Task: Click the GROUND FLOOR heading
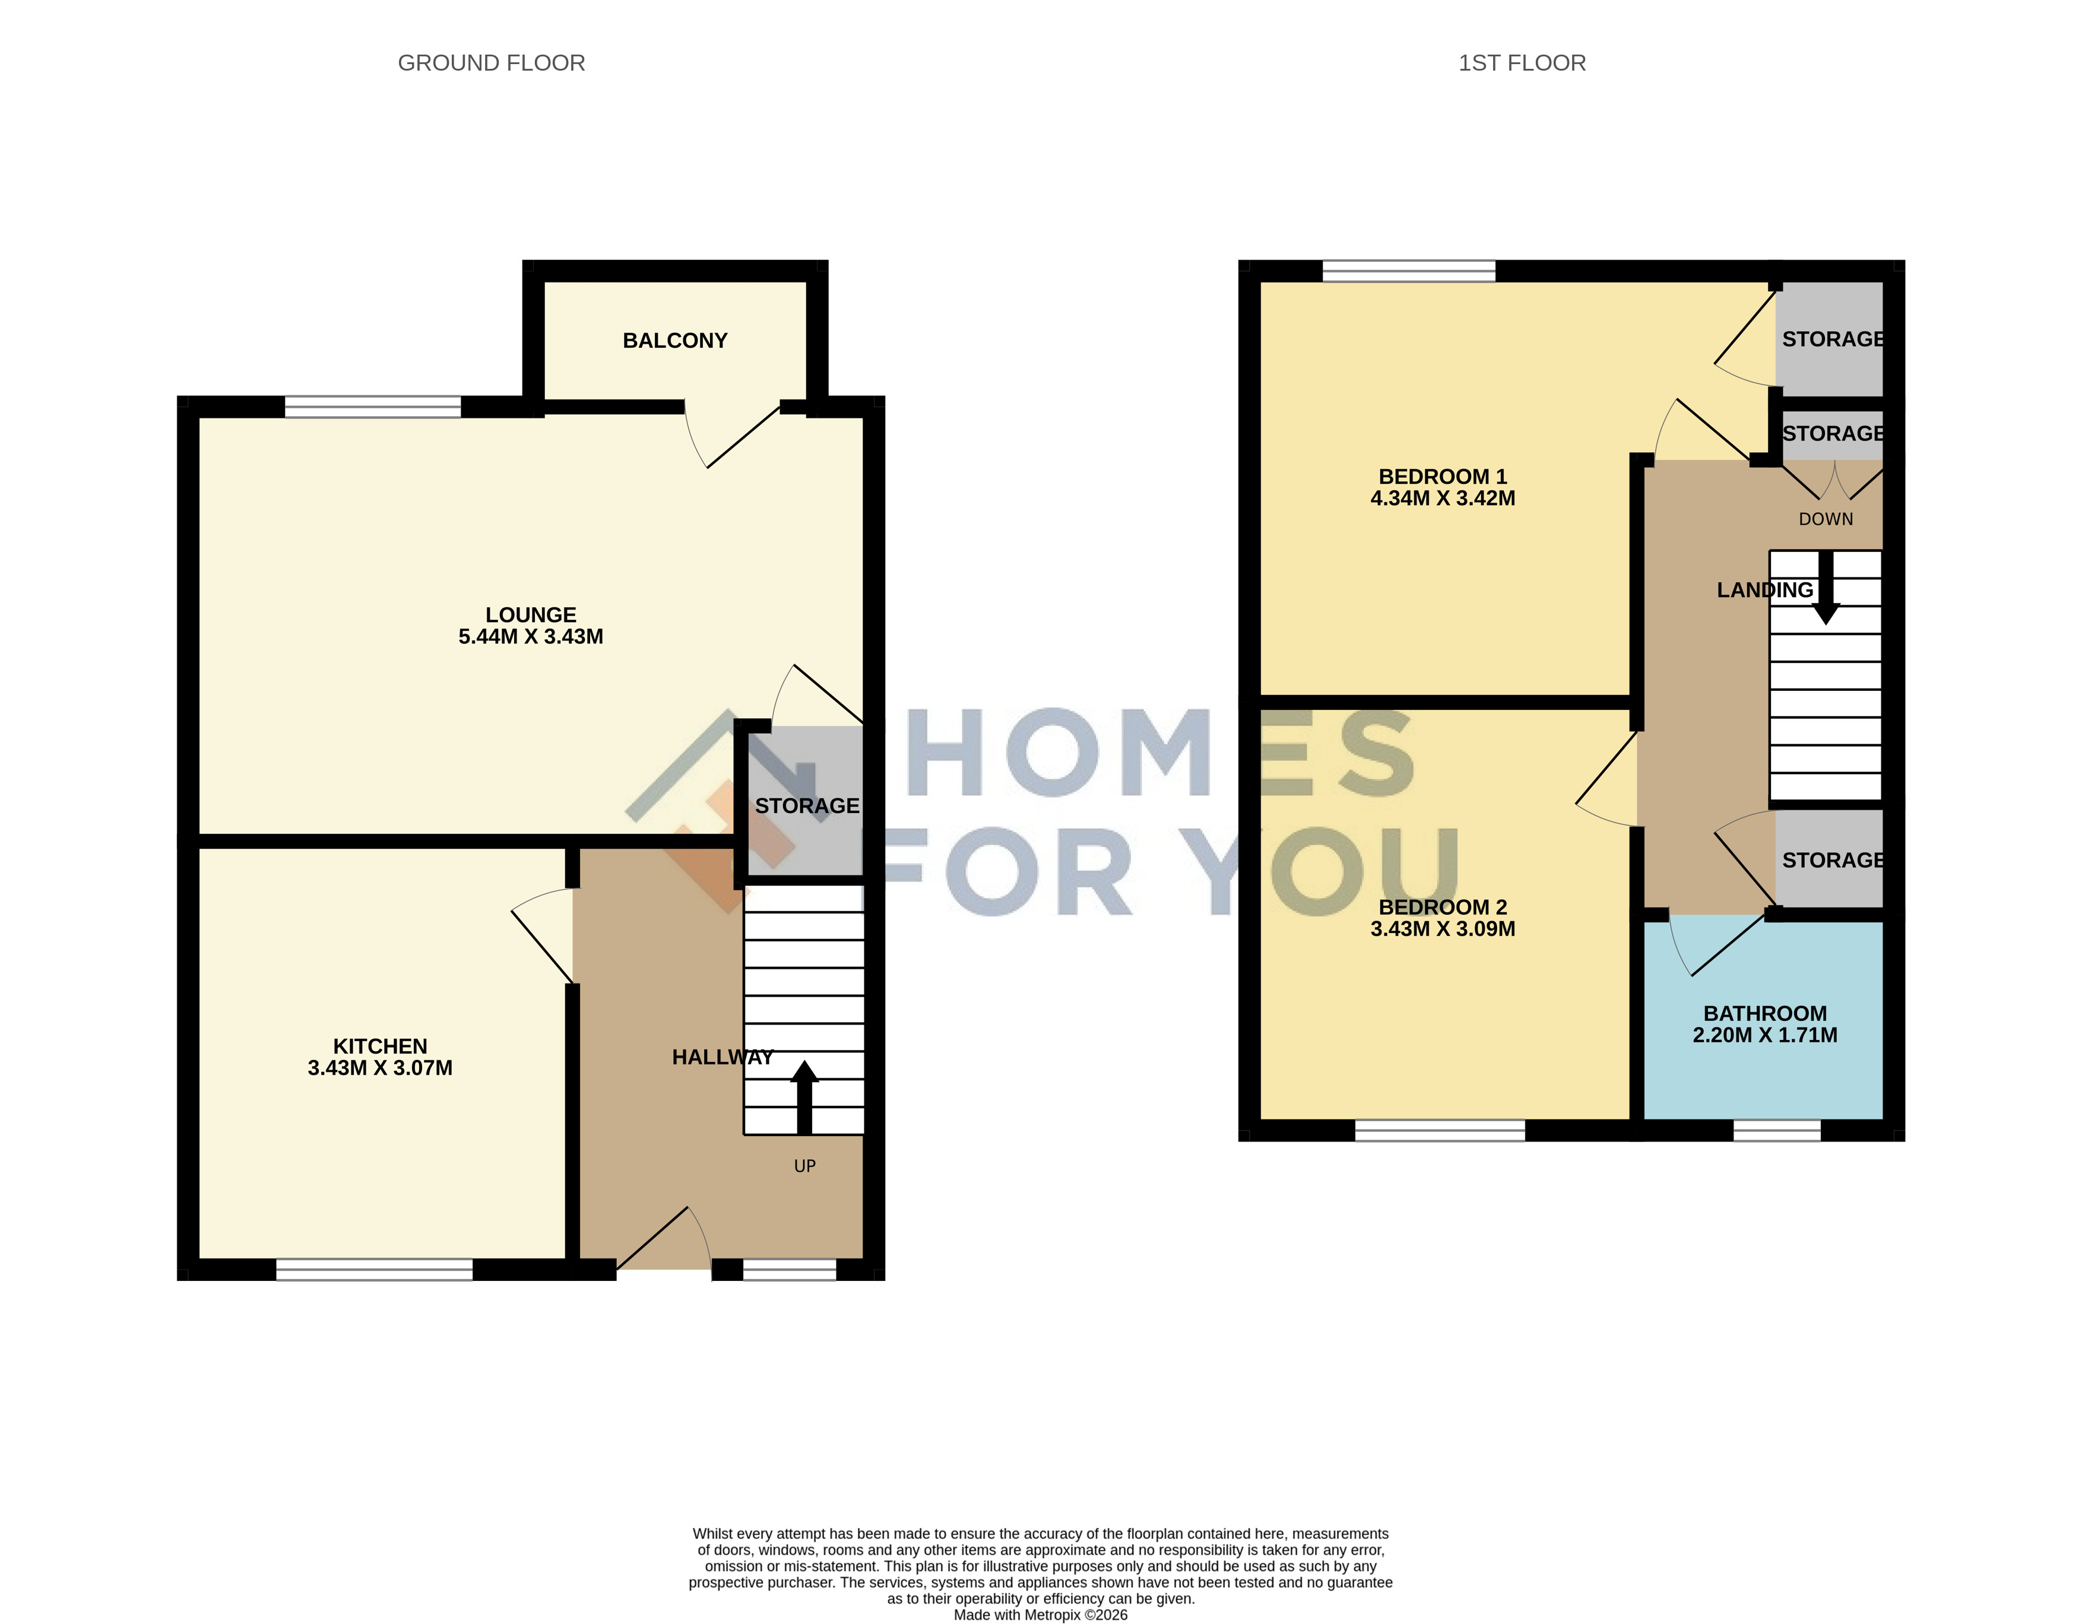click(491, 63)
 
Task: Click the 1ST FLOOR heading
click(1522, 63)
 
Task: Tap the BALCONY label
click(675, 340)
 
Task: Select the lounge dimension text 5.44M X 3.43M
click(531, 637)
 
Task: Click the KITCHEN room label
click(381, 1046)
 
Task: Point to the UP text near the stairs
click(804, 1166)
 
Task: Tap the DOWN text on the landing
click(1826, 519)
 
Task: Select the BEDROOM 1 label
click(1443, 477)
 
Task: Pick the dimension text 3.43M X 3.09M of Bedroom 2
click(1443, 928)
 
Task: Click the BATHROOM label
click(1764, 1014)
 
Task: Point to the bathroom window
click(1777, 1130)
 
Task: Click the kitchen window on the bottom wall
click(375, 1270)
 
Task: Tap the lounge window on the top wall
click(373, 407)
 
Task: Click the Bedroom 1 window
click(1409, 271)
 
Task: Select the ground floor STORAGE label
click(806, 806)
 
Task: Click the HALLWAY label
click(722, 1057)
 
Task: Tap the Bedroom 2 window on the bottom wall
click(1440, 1130)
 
